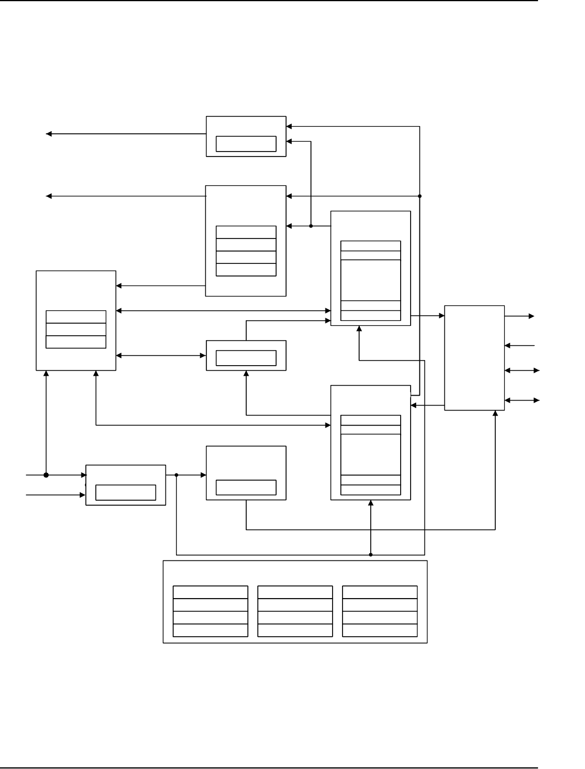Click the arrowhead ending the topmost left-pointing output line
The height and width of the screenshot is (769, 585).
(49, 134)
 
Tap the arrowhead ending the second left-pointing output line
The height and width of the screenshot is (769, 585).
(49, 196)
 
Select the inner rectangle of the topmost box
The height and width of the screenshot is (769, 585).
(246, 143)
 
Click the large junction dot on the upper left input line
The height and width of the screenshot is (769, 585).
(46, 475)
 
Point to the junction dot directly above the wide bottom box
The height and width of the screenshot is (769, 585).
(371, 554)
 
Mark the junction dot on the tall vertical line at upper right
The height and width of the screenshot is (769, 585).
(420, 196)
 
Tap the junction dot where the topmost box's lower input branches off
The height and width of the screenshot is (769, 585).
(311, 226)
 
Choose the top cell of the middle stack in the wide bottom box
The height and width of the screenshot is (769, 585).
(295, 592)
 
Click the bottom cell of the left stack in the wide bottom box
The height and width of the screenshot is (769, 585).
(210, 630)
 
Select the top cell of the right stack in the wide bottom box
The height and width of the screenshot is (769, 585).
(380, 592)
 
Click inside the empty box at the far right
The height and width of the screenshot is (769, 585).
(474, 357)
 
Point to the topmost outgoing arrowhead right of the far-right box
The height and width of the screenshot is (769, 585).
(532, 316)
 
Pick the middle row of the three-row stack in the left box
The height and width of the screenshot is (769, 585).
(76, 329)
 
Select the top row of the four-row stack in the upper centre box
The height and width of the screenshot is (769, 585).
(246, 232)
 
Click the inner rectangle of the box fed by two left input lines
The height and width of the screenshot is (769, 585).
(126, 492)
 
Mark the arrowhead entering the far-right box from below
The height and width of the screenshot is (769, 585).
(495, 413)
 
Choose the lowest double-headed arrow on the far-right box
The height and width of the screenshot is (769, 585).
(521, 400)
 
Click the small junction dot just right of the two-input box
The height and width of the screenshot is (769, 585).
(176, 475)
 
